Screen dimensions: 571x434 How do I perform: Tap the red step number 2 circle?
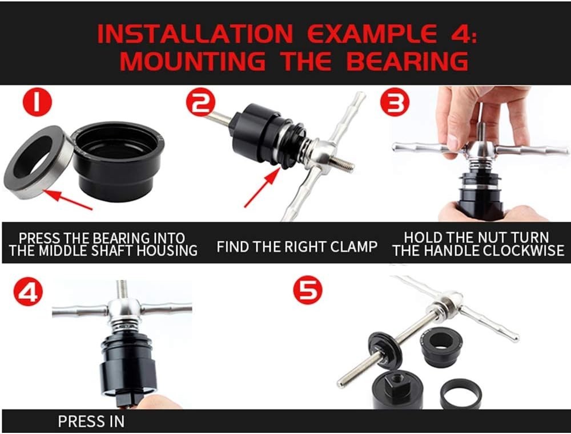(201, 102)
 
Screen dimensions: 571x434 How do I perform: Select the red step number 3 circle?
(395, 102)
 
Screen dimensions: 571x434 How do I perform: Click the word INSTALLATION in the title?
(195, 33)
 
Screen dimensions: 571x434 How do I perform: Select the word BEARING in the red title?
(407, 60)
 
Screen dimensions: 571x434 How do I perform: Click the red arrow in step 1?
(69, 200)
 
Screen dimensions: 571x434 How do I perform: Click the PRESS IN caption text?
(91, 421)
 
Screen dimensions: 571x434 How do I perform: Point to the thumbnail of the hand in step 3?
(453, 141)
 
